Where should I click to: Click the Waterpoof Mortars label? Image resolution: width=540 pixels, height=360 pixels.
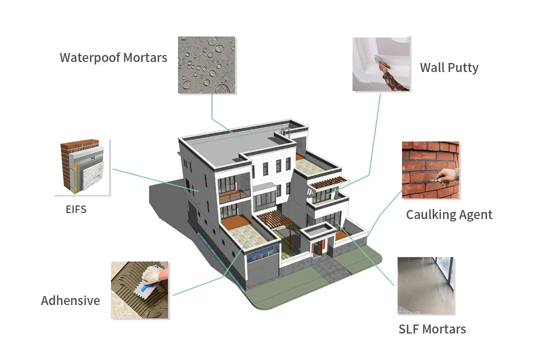coord(113,57)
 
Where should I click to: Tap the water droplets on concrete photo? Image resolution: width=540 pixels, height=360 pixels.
coord(206,65)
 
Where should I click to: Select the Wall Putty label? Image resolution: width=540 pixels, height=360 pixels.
coord(449,67)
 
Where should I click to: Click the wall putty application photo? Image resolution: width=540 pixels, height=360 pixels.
coord(381,63)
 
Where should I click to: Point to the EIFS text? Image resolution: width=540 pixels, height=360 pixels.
coord(76,209)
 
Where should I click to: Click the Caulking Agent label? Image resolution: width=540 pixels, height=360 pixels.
coord(449,214)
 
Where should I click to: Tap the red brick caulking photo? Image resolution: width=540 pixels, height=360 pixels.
coord(430,170)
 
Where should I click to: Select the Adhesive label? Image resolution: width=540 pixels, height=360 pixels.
coord(70,300)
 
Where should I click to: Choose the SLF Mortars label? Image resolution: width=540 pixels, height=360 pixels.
coord(432,329)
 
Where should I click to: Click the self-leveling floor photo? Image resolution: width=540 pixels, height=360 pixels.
coord(425,285)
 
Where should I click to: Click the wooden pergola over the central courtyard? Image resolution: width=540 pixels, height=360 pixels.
coord(272,218)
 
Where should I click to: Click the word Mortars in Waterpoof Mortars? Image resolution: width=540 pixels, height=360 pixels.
coord(143,57)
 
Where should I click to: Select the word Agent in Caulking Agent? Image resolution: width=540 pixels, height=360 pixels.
coord(474,215)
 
